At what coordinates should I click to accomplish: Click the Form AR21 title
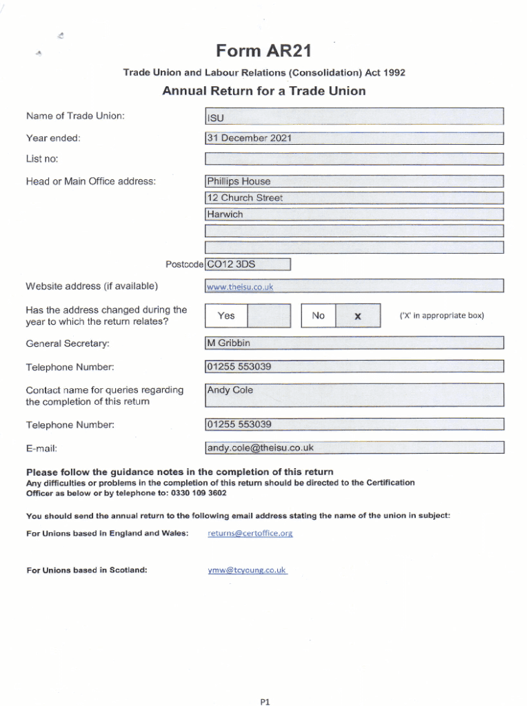pyautogui.click(x=263, y=51)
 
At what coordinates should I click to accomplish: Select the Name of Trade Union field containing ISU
pyautogui.click(x=354, y=117)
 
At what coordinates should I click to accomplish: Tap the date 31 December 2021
pyautogui.click(x=249, y=138)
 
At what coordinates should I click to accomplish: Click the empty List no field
pyautogui.click(x=354, y=159)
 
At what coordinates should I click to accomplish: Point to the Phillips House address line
pyautogui.click(x=239, y=181)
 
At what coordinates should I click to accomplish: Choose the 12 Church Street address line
pyautogui.click(x=245, y=198)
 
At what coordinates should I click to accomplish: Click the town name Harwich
pyautogui.click(x=226, y=214)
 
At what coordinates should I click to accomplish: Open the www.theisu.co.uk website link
pyautogui.click(x=240, y=287)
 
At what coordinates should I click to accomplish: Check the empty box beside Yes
pyautogui.click(x=268, y=316)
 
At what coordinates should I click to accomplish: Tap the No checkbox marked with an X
pyautogui.click(x=357, y=316)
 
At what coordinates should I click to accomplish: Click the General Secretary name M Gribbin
pyautogui.click(x=229, y=343)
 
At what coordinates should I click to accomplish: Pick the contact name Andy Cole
pyautogui.click(x=230, y=390)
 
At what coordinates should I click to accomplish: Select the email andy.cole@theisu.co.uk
pyautogui.click(x=261, y=447)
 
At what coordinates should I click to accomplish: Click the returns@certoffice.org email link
pyautogui.click(x=250, y=533)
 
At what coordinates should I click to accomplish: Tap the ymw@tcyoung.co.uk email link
pyautogui.click(x=247, y=570)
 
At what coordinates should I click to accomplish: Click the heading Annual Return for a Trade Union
pyautogui.click(x=264, y=91)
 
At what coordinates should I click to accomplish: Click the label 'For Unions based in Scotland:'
pyautogui.click(x=86, y=570)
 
